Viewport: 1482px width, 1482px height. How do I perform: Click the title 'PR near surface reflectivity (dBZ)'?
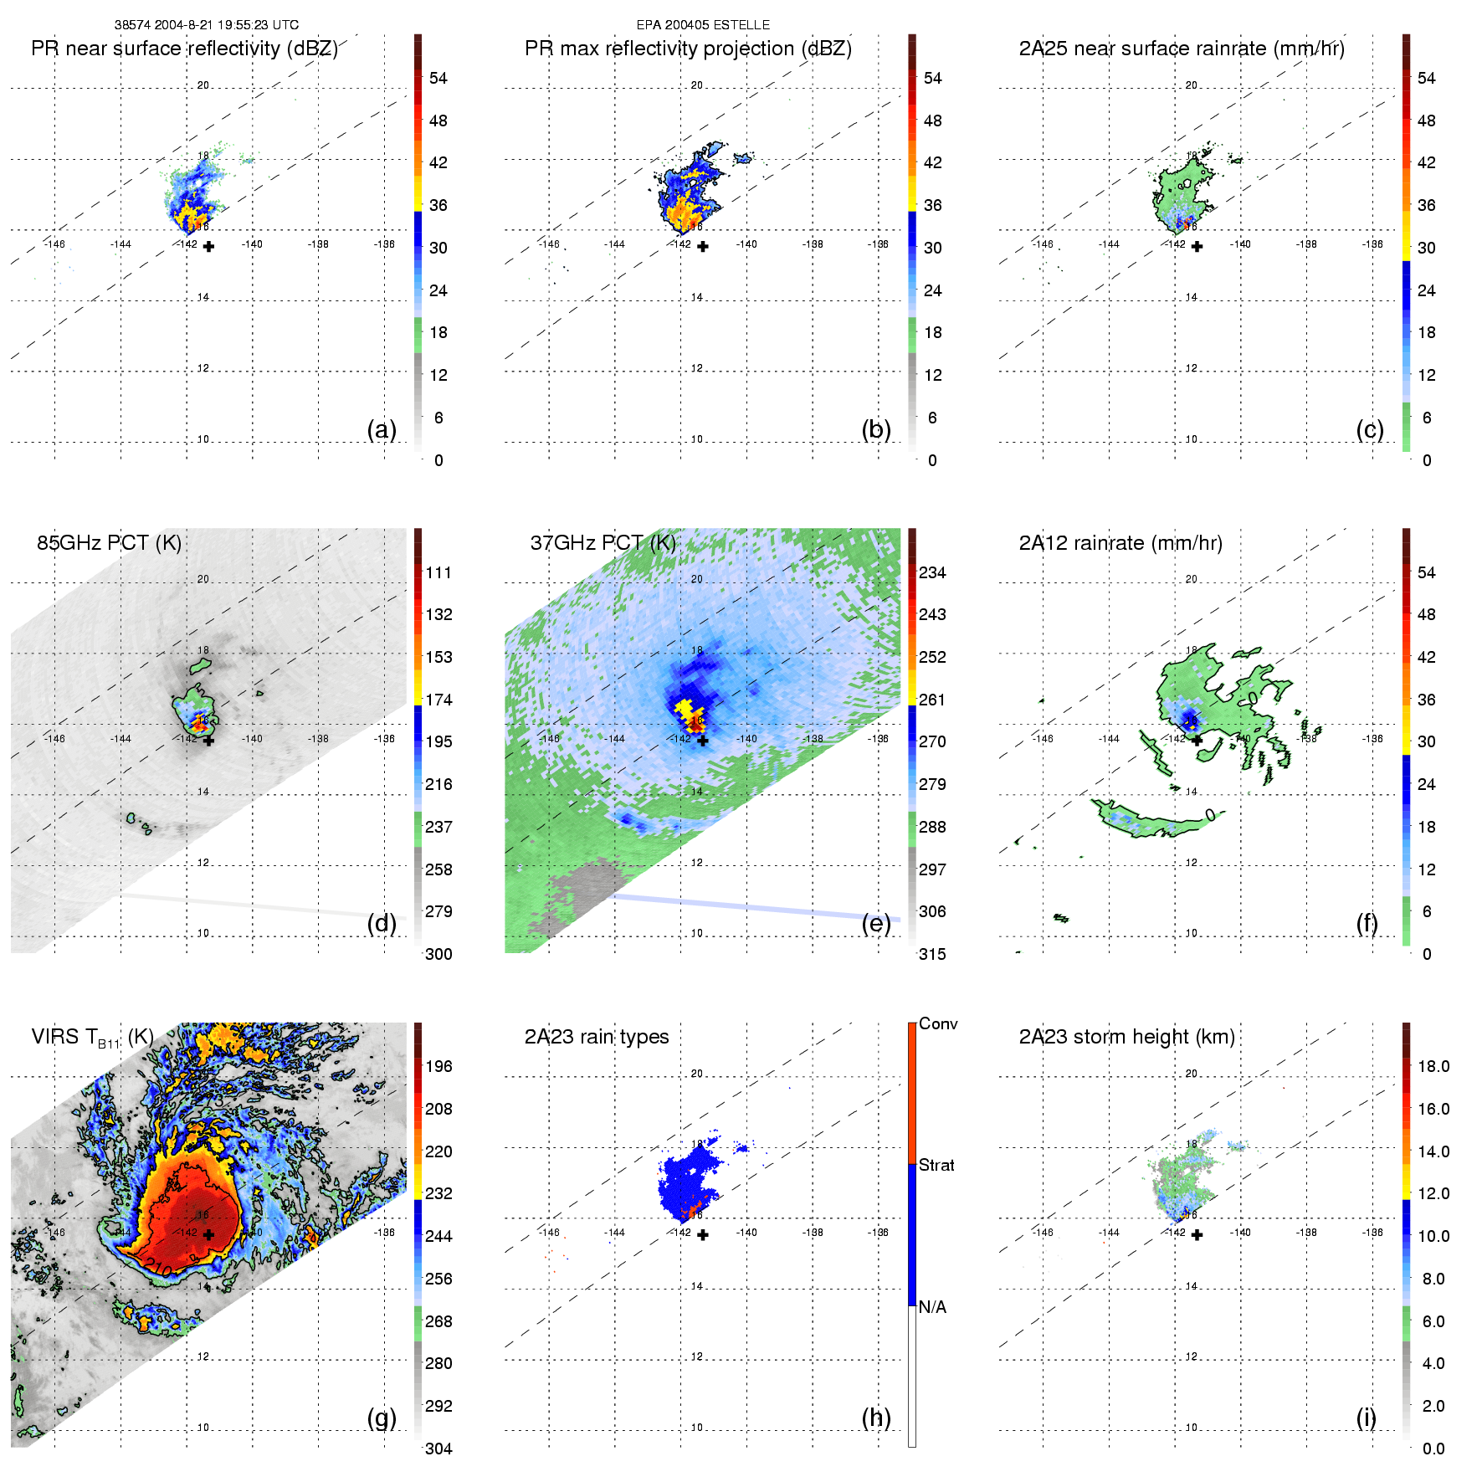[x=184, y=49]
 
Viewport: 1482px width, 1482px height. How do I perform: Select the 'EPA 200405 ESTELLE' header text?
[x=703, y=25]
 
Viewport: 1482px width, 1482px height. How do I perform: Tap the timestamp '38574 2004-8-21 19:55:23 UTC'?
[x=207, y=25]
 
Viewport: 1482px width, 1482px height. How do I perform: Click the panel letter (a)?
[x=382, y=429]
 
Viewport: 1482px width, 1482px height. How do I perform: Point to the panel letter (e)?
[x=876, y=923]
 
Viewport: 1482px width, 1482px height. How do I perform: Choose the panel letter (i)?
[x=1366, y=1418]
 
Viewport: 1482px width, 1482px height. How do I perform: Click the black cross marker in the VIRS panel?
[x=208, y=1234]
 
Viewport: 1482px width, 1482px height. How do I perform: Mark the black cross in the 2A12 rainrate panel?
[x=1197, y=741]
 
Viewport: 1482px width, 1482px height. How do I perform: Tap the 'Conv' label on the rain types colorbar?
[x=938, y=1024]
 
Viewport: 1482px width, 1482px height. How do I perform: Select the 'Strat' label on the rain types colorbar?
[x=936, y=1165]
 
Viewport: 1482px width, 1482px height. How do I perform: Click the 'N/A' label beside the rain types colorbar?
[x=932, y=1307]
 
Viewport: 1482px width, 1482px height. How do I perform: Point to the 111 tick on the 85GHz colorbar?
[x=438, y=572]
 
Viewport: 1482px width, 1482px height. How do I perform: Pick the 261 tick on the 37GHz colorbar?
[x=932, y=700]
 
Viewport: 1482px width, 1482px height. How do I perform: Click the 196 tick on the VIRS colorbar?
[x=438, y=1066]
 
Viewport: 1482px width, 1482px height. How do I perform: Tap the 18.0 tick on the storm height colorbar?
[x=1433, y=1066]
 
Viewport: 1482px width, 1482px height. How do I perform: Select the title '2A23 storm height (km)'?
[x=1126, y=1037]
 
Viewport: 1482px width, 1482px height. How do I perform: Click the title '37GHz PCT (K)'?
[x=603, y=543]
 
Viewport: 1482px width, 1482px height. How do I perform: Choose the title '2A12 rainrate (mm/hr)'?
[x=1120, y=543]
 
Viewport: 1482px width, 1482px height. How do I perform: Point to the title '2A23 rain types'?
[x=597, y=1037]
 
